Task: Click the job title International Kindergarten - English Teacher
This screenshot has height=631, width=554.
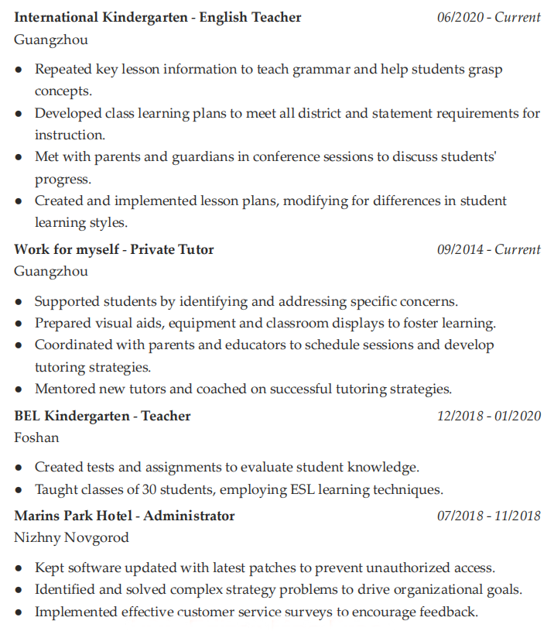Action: (x=158, y=17)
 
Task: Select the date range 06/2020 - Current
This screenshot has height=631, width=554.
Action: (x=488, y=17)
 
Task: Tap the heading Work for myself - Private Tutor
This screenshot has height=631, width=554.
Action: (x=114, y=249)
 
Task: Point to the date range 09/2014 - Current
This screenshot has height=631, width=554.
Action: (x=488, y=249)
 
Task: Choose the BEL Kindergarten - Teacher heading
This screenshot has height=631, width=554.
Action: (x=102, y=416)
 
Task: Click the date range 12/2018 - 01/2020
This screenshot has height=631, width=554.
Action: (x=488, y=416)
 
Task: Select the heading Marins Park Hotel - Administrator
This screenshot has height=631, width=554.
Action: (x=124, y=516)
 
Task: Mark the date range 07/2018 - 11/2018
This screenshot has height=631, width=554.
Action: (x=488, y=516)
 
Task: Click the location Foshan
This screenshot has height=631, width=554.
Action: (x=36, y=437)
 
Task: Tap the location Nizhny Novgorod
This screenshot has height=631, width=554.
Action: (x=71, y=537)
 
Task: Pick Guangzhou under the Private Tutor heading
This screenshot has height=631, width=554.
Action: (x=51, y=271)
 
